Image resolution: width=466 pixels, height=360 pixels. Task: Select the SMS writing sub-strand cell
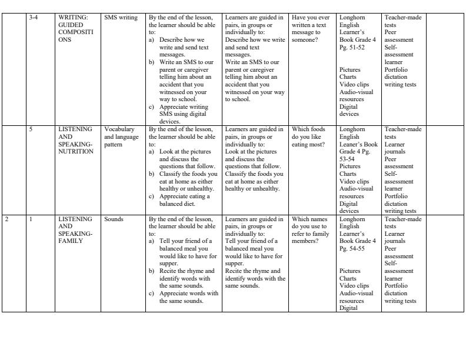coord(121,18)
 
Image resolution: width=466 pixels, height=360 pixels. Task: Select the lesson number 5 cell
coord(31,129)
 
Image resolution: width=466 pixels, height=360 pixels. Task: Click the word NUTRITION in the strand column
coord(76,151)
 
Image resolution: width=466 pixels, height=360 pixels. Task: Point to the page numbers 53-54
coord(349,159)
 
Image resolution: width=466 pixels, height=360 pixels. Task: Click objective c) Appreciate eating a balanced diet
coord(182,200)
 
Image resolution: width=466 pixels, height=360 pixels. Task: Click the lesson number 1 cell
coord(31,219)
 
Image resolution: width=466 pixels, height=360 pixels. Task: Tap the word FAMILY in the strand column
coord(71,241)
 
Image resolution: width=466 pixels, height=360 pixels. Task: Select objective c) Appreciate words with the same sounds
coord(182,297)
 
